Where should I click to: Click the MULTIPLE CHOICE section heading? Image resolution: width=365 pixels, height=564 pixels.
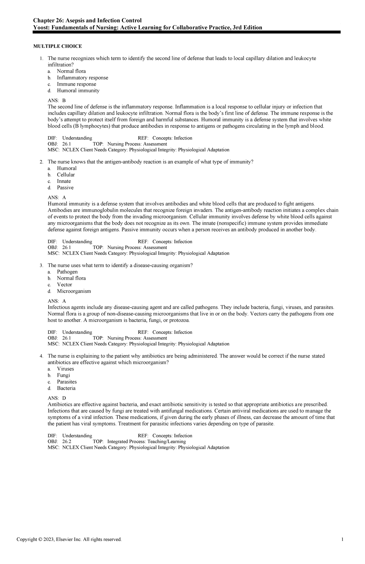[57, 46]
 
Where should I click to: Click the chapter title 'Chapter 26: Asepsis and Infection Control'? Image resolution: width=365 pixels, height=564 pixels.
[88, 20]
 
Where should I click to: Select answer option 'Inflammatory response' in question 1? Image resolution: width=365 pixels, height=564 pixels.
[82, 78]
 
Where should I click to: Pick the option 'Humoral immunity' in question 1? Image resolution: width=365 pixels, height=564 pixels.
[78, 91]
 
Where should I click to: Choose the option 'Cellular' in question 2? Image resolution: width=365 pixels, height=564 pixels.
[66, 175]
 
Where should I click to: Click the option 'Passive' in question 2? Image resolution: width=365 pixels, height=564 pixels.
[65, 188]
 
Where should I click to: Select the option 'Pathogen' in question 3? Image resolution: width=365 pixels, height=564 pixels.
[67, 272]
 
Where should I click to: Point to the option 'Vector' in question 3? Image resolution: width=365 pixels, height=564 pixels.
[64, 285]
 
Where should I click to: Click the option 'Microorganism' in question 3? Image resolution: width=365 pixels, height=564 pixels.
[74, 291]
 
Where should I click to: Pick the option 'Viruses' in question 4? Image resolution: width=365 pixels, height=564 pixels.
[65, 369]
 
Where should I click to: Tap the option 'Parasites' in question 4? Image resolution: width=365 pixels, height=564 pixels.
[67, 382]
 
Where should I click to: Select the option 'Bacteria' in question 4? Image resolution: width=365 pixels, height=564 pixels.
[66, 388]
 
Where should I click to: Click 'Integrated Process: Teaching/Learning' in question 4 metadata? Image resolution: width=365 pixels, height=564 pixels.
[147, 441]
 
